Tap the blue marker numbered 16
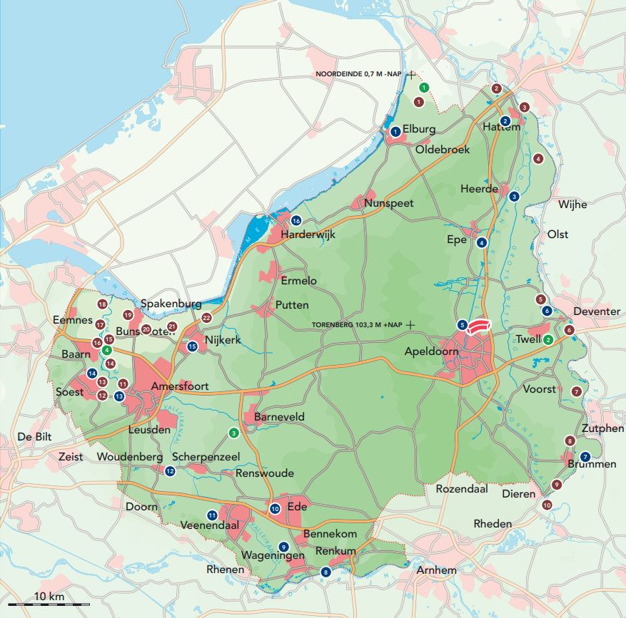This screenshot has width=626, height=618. pyautogui.click(x=296, y=220)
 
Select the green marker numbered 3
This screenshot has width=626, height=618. pyautogui.click(x=233, y=432)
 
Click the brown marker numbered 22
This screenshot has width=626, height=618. pyautogui.click(x=207, y=318)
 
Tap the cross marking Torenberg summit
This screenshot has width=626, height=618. pyautogui.click(x=410, y=324)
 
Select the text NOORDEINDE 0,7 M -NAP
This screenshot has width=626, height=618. pyautogui.click(x=359, y=74)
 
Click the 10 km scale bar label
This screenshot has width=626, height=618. pyautogui.click(x=48, y=596)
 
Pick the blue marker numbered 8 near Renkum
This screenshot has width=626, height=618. pyautogui.click(x=326, y=571)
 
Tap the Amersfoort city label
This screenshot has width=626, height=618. pyautogui.click(x=179, y=386)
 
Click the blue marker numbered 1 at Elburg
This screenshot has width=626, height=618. pyautogui.click(x=395, y=131)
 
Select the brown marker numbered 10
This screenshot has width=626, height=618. pyautogui.click(x=547, y=505)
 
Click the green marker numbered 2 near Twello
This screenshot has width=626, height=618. pyautogui.click(x=547, y=339)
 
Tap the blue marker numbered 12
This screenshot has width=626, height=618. pyautogui.click(x=170, y=470)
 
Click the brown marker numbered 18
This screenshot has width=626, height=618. pyautogui.click(x=102, y=305)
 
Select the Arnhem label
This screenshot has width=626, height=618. pyautogui.click(x=436, y=570)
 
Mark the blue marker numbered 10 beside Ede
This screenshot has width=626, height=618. pyautogui.click(x=275, y=508)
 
